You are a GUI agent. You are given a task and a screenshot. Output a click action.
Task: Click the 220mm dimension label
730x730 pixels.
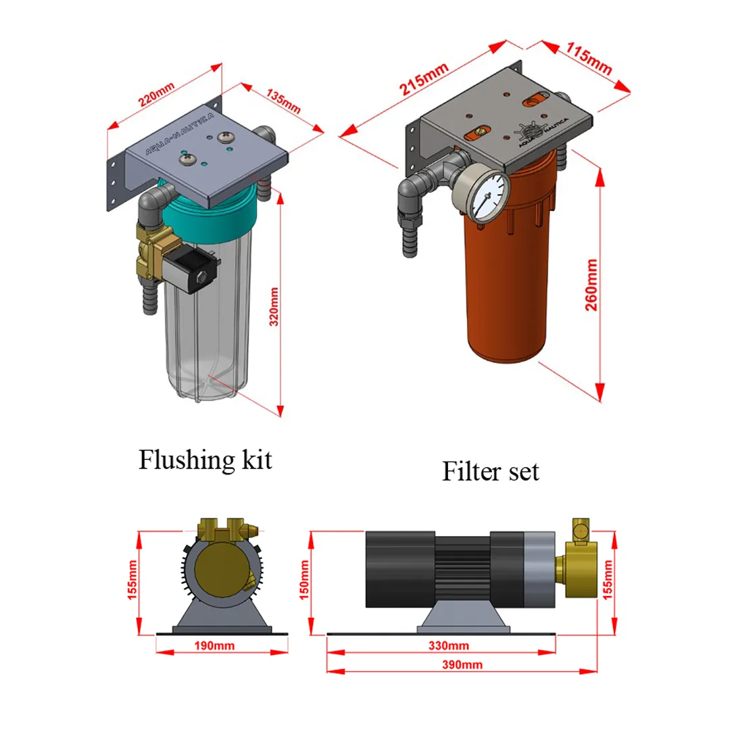coord(156,95)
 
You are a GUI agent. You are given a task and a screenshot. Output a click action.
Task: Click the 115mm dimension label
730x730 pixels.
coord(589,57)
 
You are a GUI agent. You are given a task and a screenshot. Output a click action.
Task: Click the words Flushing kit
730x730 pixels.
coord(205,460)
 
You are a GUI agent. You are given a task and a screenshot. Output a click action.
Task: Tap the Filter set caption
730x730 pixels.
coord(491,471)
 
